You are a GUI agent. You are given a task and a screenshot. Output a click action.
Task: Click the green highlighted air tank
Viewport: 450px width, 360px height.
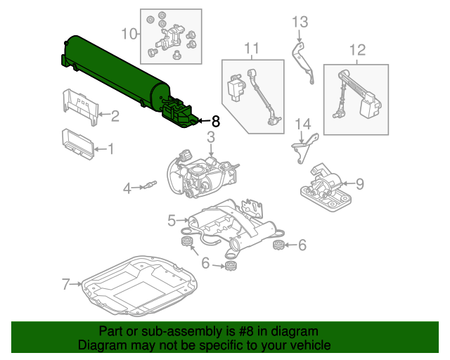[x=112, y=74]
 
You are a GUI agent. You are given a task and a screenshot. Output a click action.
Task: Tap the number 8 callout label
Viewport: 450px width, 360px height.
[x=215, y=122]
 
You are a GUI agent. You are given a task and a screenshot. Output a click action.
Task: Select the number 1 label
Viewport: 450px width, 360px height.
[x=110, y=148]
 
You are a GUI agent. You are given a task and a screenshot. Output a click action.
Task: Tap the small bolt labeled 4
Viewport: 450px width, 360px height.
[x=150, y=186]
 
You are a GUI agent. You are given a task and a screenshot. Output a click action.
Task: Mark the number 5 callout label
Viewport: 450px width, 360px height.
[x=171, y=221]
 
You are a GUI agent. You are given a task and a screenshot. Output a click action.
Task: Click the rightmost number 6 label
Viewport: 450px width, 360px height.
[x=302, y=245]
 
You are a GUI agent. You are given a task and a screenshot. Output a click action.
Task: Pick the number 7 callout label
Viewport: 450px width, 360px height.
[x=66, y=285]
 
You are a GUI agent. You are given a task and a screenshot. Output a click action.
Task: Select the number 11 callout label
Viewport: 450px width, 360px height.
[x=252, y=48]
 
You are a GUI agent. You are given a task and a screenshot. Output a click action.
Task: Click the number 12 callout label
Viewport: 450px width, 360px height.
[x=357, y=49]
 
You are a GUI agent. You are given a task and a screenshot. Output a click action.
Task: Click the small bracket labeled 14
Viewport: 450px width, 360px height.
[x=304, y=147]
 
